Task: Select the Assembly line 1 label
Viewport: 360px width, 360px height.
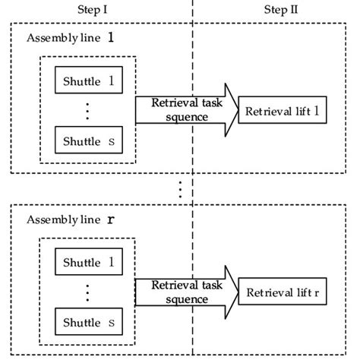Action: pyautogui.click(x=70, y=38)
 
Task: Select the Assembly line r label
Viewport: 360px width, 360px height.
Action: pyautogui.click(x=70, y=219)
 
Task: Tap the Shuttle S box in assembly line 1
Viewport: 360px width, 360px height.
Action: pyautogui.click(x=87, y=141)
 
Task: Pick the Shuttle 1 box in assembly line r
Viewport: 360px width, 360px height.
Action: pyautogui.click(x=87, y=263)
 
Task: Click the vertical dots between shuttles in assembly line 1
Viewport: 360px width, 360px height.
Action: pyautogui.click(x=87, y=111)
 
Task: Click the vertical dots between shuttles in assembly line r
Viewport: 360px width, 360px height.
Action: pyautogui.click(x=87, y=293)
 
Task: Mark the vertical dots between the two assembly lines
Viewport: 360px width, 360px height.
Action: pyautogui.click(x=180, y=189)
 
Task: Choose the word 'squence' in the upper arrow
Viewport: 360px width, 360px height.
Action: pyautogui.click(x=180, y=118)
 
